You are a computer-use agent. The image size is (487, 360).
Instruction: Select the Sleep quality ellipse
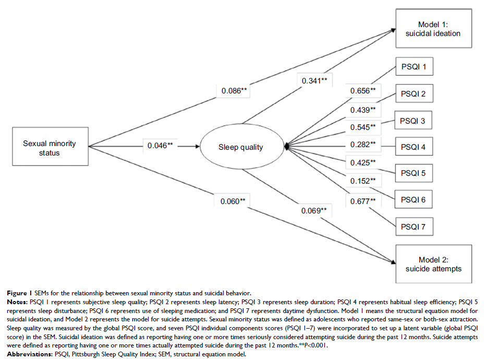(x=240, y=147)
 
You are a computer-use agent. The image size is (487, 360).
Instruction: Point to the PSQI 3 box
(x=412, y=121)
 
